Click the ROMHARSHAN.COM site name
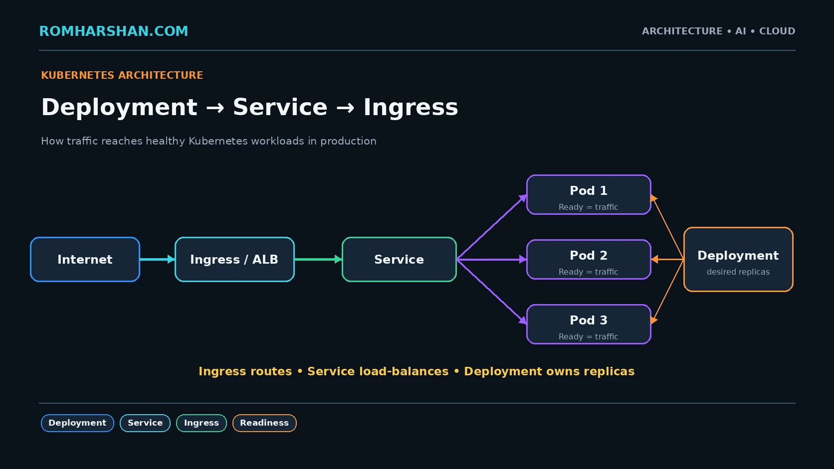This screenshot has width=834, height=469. click(114, 31)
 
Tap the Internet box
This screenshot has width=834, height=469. click(85, 259)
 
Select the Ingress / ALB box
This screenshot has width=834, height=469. click(234, 259)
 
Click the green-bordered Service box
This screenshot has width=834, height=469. click(399, 259)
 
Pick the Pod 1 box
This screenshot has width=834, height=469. click(589, 194)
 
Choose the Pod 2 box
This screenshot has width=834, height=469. click(589, 259)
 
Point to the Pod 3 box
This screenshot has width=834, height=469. click(589, 324)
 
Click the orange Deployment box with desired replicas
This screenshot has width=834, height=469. click(738, 259)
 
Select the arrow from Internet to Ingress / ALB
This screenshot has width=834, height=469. click(157, 259)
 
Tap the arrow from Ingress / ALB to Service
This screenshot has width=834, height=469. click(318, 259)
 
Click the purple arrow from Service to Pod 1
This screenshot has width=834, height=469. click(491, 227)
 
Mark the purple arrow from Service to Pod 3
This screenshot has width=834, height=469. click(491, 292)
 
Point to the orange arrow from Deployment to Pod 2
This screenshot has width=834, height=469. click(667, 259)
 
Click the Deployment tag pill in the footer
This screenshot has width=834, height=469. click(77, 423)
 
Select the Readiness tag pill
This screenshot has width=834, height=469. click(264, 423)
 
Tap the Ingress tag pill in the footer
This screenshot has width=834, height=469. click(202, 423)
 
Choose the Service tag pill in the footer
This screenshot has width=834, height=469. click(145, 423)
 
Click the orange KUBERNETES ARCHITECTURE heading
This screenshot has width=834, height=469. click(122, 75)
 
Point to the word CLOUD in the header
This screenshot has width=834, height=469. click(777, 31)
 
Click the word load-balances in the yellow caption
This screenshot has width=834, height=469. click(404, 371)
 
